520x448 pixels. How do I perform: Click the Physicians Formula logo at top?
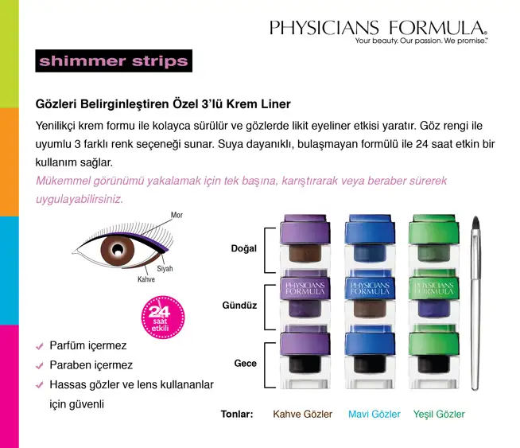(x=378, y=32)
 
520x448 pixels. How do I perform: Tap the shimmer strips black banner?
(x=114, y=60)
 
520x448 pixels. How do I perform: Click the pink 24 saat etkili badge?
(x=163, y=317)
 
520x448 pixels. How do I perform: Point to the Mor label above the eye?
(x=177, y=215)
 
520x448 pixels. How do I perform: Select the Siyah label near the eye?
(x=165, y=268)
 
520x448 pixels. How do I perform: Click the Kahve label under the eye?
(x=146, y=279)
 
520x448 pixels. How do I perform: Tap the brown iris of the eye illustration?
(x=118, y=250)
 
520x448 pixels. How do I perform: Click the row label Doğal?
(x=244, y=248)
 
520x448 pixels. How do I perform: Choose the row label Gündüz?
(x=239, y=306)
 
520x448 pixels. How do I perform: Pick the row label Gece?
(x=246, y=364)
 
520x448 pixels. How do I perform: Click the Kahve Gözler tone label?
(x=302, y=414)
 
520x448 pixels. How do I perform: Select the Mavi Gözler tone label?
(x=374, y=414)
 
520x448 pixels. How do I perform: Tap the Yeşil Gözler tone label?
(x=439, y=414)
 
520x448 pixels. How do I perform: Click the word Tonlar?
(x=237, y=414)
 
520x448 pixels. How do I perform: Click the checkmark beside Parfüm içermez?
(x=40, y=346)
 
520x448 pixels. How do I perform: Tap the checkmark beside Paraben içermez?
(x=40, y=366)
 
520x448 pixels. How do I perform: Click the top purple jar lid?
(x=305, y=229)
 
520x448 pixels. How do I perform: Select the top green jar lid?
(x=434, y=229)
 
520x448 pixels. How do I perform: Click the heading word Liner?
(x=276, y=104)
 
